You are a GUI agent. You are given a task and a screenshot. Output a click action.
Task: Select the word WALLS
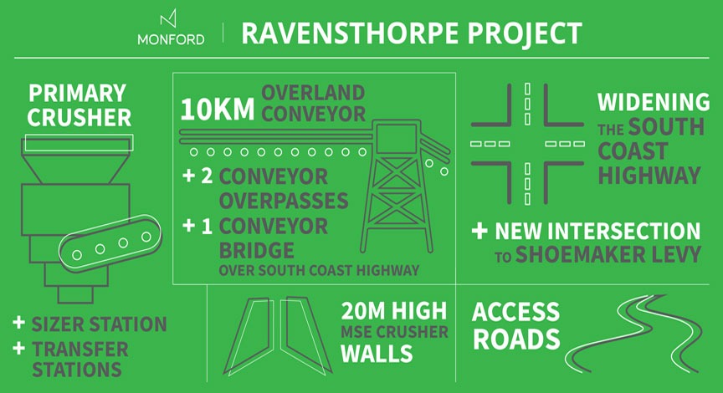pyautogui.click(x=377, y=353)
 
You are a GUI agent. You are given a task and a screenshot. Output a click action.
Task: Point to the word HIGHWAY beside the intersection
pyautogui.click(x=649, y=176)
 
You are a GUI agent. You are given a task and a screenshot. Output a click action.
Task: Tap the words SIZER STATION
pyautogui.click(x=100, y=324)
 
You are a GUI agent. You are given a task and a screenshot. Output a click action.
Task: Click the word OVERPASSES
pyautogui.click(x=278, y=202)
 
